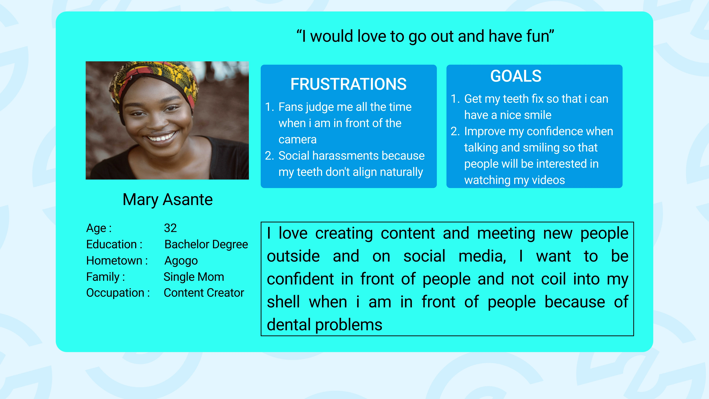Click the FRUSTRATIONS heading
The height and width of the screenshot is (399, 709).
[348, 84]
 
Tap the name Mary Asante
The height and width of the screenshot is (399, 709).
[168, 200]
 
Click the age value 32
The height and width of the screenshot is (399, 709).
[170, 228]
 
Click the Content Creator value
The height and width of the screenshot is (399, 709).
[204, 293]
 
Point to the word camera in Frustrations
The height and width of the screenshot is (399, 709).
[297, 140]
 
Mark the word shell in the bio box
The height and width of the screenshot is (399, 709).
[283, 302]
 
